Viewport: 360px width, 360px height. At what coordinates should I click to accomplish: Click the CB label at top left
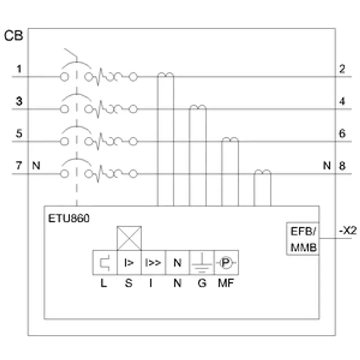tap(13, 36)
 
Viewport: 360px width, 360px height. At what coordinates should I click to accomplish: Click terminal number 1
tap(19, 69)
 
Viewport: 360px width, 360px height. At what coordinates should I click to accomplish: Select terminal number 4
tap(342, 101)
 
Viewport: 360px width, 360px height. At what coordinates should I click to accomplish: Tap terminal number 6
tap(342, 133)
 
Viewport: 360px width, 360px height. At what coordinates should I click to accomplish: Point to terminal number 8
tap(342, 166)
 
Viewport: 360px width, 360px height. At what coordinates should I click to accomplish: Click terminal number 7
tap(19, 166)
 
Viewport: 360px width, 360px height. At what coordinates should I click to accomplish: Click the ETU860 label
tap(69, 218)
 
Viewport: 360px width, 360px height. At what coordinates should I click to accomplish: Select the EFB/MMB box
tap(303, 239)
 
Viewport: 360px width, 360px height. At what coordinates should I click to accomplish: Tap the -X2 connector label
tap(348, 230)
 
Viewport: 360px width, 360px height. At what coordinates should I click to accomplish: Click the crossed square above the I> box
tap(129, 238)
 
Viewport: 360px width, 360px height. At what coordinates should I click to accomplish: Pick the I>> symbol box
tap(153, 263)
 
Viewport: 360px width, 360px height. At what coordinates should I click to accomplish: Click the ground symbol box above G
tap(202, 263)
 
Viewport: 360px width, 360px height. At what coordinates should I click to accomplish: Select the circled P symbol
tap(226, 262)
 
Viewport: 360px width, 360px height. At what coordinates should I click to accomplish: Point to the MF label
tap(226, 283)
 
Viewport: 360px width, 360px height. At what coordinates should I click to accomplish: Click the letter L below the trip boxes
tap(103, 283)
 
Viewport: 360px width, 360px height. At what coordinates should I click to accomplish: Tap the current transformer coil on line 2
tap(166, 75)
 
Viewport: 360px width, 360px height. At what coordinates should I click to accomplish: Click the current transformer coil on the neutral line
tap(262, 172)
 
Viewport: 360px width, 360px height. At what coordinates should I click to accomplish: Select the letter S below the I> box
tap(129, 283)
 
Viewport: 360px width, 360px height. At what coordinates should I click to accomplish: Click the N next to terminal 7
tap(36, 166)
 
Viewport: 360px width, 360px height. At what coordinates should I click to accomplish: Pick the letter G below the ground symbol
tap(202, 283)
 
